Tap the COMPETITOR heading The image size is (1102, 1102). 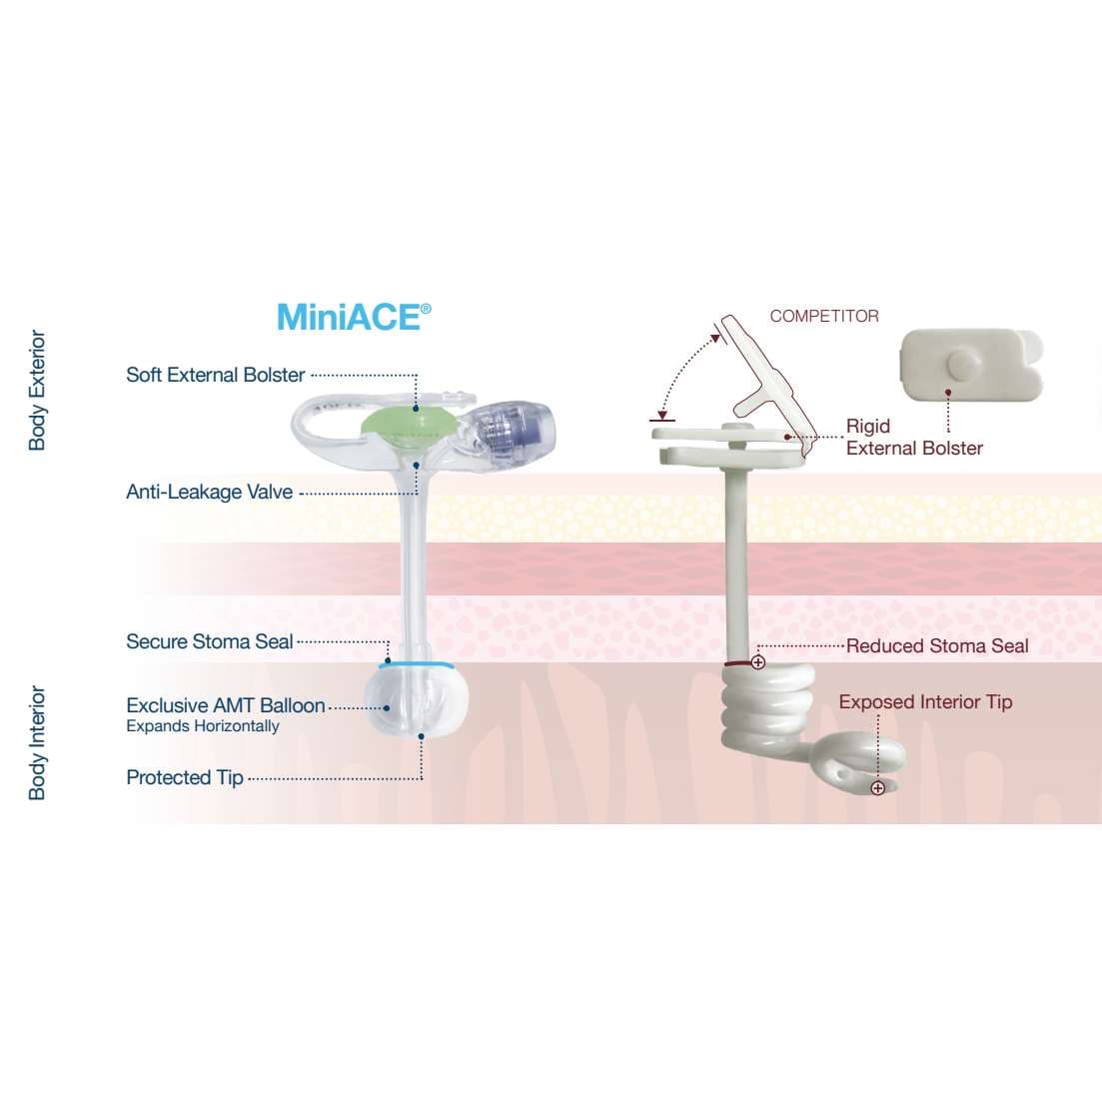pos(824,316)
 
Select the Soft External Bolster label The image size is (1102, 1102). pos(215,375)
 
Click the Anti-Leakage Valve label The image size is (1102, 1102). pos(209,492)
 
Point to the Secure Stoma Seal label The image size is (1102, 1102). pos(209,641)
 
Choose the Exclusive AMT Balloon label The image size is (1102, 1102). pos(225,705)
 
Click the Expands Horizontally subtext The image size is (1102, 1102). pos(202,726)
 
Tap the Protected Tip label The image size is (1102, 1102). pos(184,777)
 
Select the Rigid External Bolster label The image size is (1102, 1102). pos(913,438)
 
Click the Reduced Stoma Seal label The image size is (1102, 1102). pos(936,645)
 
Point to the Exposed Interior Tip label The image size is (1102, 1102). pos(925,701)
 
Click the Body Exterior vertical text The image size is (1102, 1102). pos(38,390)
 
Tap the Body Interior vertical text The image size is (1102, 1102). pos(38,742)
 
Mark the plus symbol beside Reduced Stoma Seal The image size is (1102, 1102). pos(758,661)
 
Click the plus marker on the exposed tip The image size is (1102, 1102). pos(877,788)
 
